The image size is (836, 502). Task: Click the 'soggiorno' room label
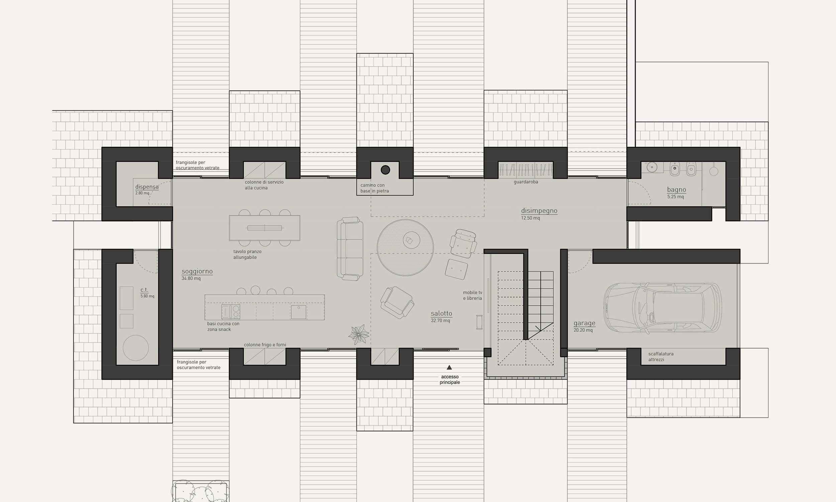click(197, 271)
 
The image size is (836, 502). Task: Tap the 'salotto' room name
click(441, 313)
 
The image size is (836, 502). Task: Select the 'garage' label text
click(585, 323)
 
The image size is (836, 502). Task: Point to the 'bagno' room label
click(676, 190)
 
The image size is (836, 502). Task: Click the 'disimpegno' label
click(539, 211)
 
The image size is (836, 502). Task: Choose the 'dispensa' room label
click(147, 187)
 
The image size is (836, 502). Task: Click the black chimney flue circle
click(385, 170)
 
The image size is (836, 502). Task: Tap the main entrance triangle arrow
click(449, 367)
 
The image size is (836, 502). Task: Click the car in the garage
click(663, 308)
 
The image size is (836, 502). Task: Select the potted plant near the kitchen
click(358, 334)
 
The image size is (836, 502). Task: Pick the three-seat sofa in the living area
click(350, 248)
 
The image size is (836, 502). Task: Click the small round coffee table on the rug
click(412, 240)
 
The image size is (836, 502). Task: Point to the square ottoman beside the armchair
click(456, 269)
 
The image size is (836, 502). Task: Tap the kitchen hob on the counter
click(231, 312)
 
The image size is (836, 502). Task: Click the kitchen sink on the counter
click(298, 312)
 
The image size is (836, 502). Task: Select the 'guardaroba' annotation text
click(526, 182)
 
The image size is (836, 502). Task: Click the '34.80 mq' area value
click(191, 278)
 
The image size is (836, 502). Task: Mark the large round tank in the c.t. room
click(136, 348)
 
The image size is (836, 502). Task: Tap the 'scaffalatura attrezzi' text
click(661, 357)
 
